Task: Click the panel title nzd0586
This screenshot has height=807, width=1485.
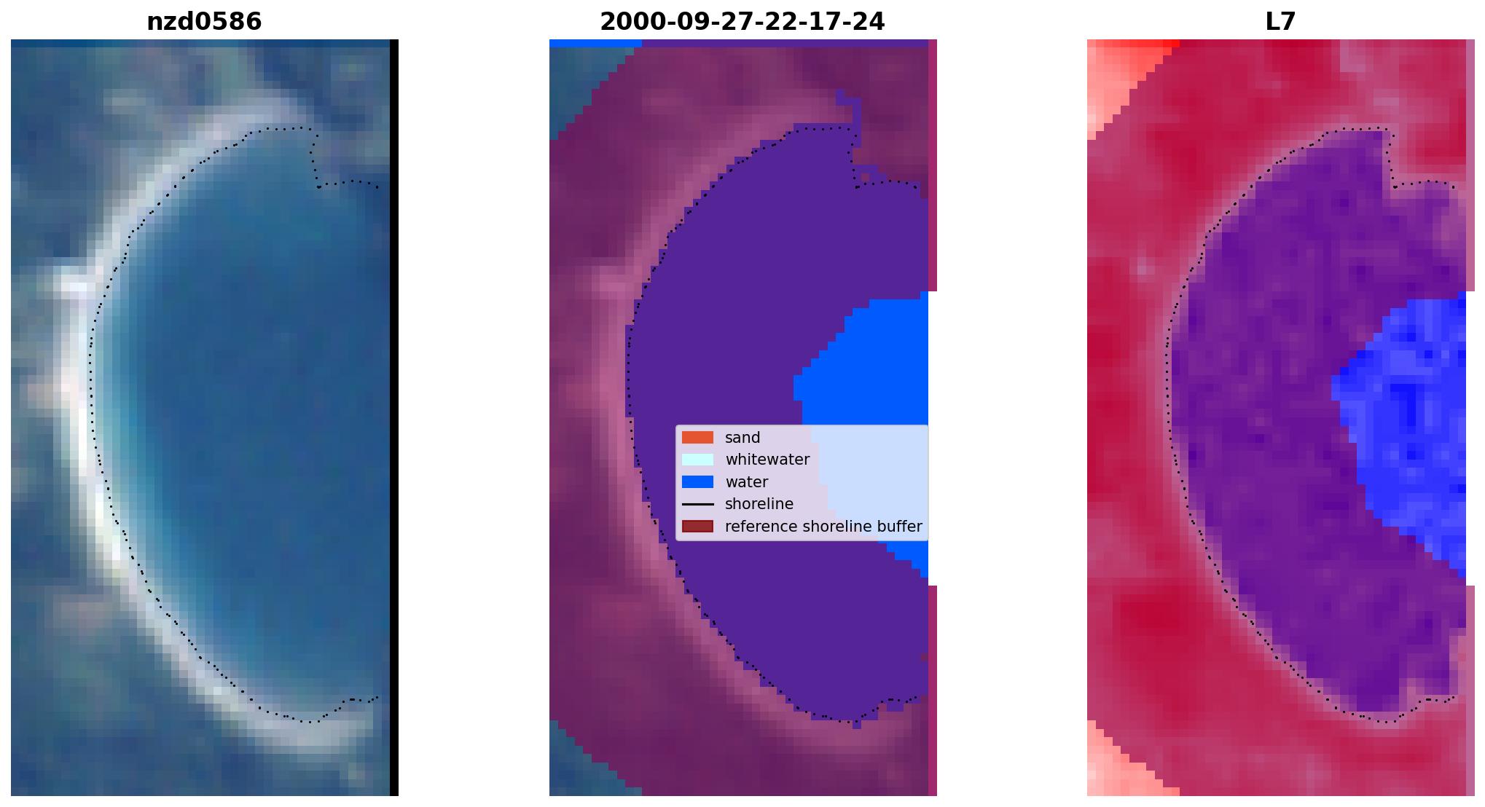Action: pyautogui.click(x=204, y=22)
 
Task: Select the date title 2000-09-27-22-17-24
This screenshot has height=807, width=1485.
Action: pyautogui.click(x=742, y=22)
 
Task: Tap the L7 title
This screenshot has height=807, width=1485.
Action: pyautogui.click(x=1280, y=22)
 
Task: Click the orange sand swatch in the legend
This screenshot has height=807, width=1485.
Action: pyautogui.click(x=697, y=438)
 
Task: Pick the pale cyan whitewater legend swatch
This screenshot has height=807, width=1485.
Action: pyautogui.click(x=697, y=460)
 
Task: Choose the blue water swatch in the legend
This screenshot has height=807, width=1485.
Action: pyautogui.click(x=697, y=482)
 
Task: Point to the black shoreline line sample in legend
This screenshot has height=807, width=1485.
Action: pyautogui.click(x=697, y=504)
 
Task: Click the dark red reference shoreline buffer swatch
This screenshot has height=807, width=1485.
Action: pyautogui.click(x=697, y=527)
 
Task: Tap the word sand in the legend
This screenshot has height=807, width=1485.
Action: pyautogui.click(x=742, y=438)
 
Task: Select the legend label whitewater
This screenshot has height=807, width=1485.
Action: pyautogui.click(x=767, y=460)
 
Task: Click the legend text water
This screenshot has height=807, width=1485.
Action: pyautogui.click(x=746, y=482)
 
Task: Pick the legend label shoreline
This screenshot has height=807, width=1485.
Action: pyautogui.click(x=759, y=504)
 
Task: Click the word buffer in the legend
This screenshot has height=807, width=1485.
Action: pyautogui.click(x=901, y=527)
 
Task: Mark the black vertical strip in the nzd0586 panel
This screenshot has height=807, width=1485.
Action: pyautogui.click(x=394, y=417)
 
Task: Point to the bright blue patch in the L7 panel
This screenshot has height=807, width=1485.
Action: pyautogui.click(x=1406, y=430)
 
